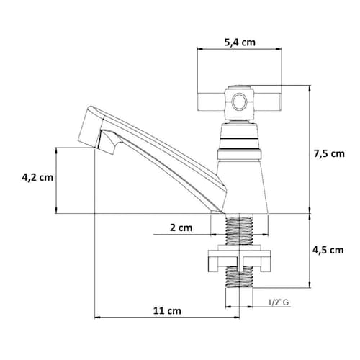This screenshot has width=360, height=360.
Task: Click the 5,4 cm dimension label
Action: pos(240,42)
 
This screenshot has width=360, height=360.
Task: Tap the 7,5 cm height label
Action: pos(329,153)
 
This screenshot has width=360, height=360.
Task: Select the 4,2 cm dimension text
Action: pos(37,178)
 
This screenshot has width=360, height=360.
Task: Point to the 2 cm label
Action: pos(181,228)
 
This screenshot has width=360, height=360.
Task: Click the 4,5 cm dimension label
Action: pos(328,251)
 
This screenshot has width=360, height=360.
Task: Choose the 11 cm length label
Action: pos(167,311)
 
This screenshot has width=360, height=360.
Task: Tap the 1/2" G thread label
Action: pos(279,302)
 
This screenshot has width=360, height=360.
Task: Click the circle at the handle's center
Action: pos(240,102)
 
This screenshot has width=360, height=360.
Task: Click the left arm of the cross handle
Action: pos(211,102)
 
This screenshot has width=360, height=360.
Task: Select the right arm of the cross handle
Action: pos(267,102)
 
